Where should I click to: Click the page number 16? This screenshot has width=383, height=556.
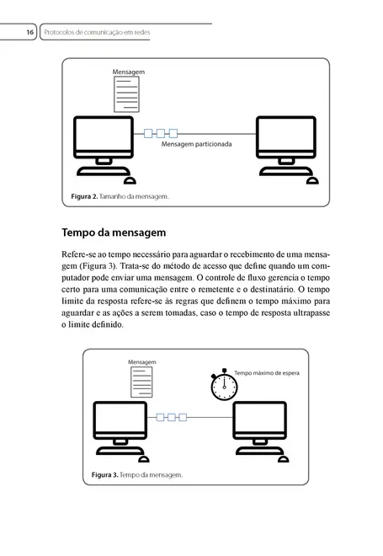pos(29,32)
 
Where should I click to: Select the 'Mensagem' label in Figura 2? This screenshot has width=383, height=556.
pos(129,73)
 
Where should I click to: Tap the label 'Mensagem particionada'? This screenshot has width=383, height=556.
pos(196,145)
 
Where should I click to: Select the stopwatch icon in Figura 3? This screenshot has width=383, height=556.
pos(223,385)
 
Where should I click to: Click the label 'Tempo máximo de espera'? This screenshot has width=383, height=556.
pos(266,372)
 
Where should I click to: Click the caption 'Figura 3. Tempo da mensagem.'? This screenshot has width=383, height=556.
pos(136,475)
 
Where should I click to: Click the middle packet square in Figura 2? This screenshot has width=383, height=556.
pos(161,132)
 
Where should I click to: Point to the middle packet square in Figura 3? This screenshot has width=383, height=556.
pos(173,416)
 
